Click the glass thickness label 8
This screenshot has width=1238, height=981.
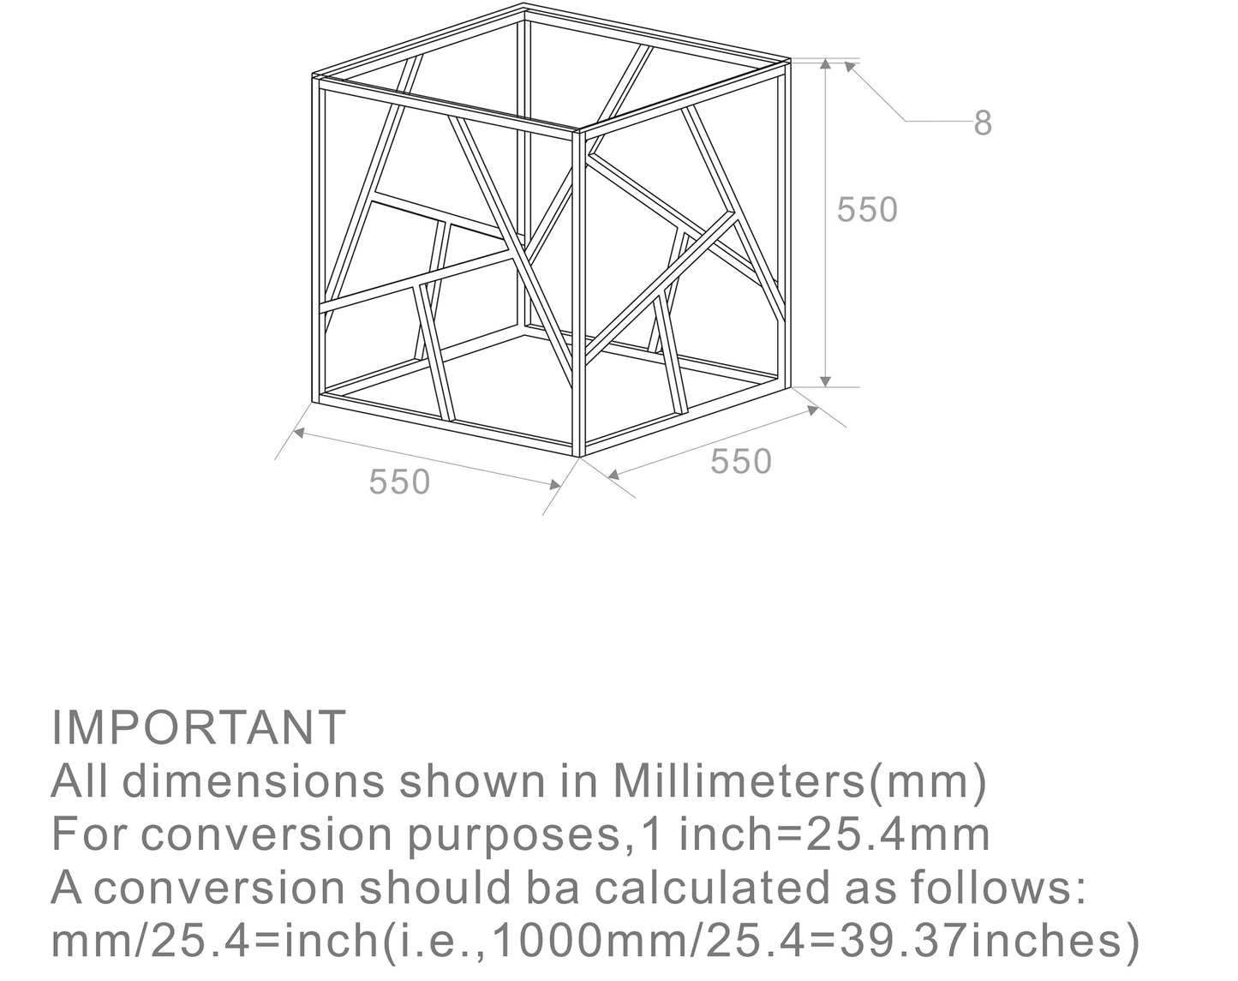click(984, 123)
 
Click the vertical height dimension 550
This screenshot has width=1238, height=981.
click(867, 209)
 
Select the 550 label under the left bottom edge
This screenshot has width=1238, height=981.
click(399, 482)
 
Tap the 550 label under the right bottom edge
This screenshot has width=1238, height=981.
click(741, 462)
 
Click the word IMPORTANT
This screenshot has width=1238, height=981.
click(199, 727)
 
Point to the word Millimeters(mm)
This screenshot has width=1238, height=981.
click(800, 782)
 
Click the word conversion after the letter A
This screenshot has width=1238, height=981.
click(218, 888)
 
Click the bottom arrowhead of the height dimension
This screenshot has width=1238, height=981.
click(825, 381)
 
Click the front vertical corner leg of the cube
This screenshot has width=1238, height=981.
click(578, 294)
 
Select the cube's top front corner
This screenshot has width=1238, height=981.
click(578, 130)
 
